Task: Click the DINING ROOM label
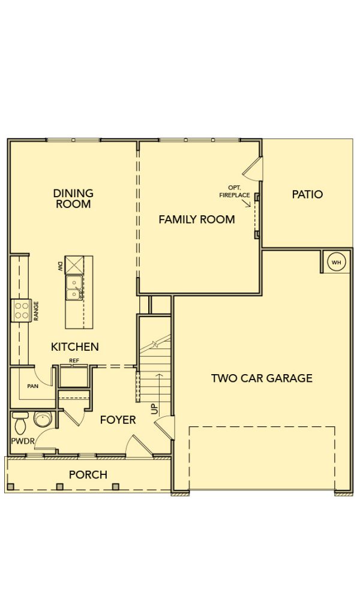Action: (x=73, y=198)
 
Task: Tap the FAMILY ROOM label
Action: (x=197, y=219)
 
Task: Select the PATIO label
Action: (x=308, y=194)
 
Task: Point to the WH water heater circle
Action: (x=337, y=263)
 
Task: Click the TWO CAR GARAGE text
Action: (x=262, y=378)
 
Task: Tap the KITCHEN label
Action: (x=75, y=347)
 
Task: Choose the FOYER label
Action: (x=118, y=420)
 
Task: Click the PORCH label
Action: (x=88, y=475)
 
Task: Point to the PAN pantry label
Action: (x=33, y=386)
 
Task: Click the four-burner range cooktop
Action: (x=21, y=310)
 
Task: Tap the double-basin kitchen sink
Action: (x=74, y=287)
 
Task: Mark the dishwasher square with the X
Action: (x=74, y=264)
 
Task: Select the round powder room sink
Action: (x=41, y=419)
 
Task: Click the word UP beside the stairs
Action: (x=155, y=409)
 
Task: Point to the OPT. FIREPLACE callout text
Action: (x=235, y=191)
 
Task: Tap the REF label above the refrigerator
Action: (x=74, y=360)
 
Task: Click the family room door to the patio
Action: (x=253, y=168)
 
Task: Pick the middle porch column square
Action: (x=60, y=487)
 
